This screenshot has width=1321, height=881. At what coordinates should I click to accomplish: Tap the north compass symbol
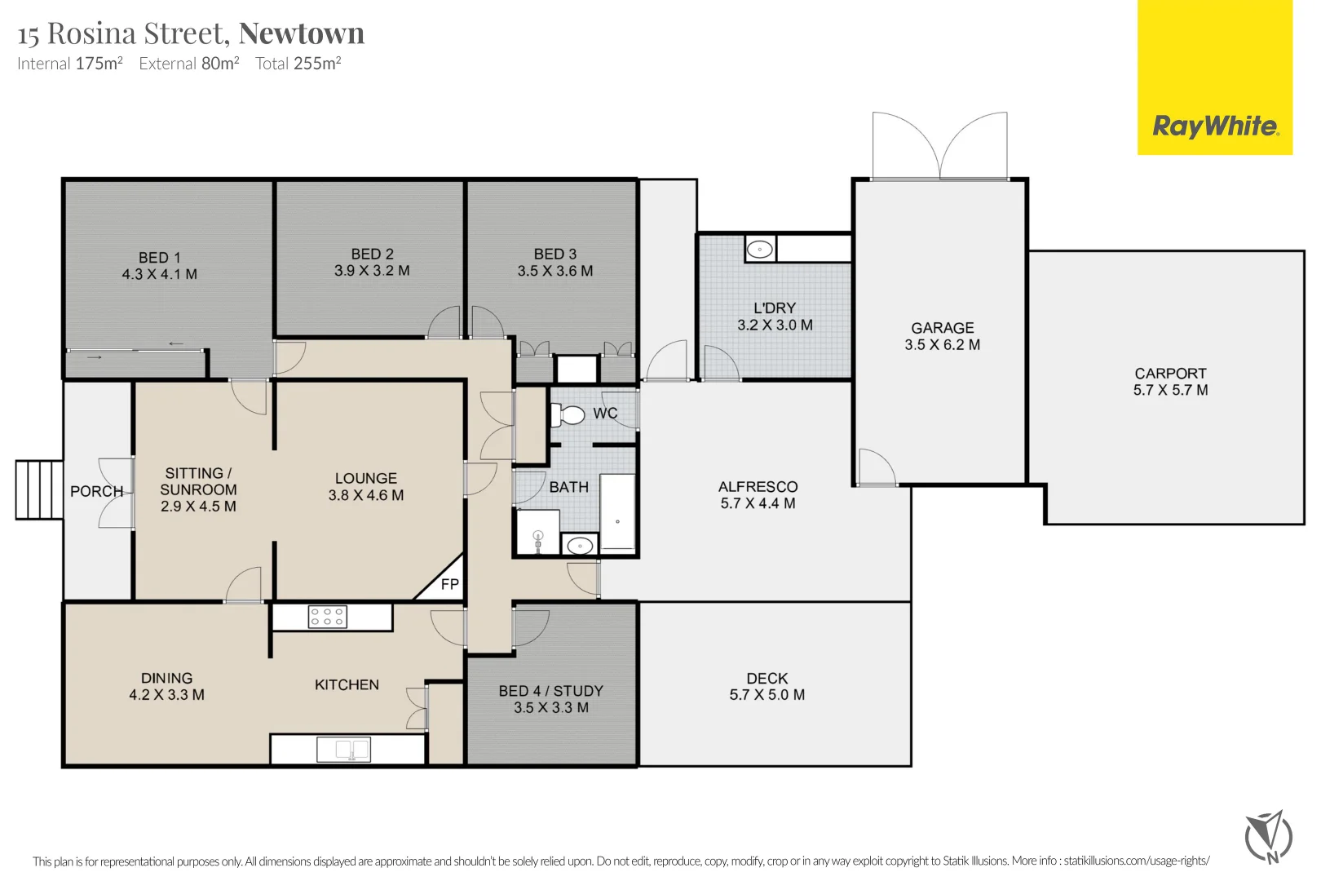pyautogui.click(x=1269, y=837)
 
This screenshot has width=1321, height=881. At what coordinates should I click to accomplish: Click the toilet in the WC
pyautogui.click(x=567, y=414)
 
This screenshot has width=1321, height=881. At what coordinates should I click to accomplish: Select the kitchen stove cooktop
pyautogui.click(x=327, y=618)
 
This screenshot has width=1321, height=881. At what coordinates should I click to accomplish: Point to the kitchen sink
pyautogui.click(x=344, y=750)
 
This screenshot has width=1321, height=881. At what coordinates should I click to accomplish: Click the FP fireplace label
pyautogui.click(x=450, y=584)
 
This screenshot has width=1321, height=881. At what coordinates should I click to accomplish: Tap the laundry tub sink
pyautogui.click(x=760, y=249)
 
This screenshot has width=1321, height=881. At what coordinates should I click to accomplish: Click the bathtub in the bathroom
pyautogui.click(x=617, y=513)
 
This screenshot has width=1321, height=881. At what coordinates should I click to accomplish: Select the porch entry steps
pyautogui.click(x=39, y=490)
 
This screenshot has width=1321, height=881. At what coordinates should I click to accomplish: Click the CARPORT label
pyautogui.click(x=1171, y=374)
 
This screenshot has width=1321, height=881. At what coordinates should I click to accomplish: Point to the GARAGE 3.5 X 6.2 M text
pyautogui.click(x=943, y=336)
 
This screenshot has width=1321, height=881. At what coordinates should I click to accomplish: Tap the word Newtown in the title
pyautogui.click(x=302, y=33)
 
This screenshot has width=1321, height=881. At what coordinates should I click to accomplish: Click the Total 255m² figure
pyautogui.click(x=298, y=64)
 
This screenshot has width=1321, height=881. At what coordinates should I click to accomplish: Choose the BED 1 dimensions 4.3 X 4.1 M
pyautogui.click(x=159, y=274)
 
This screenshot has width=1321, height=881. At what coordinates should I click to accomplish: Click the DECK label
pyautogui.click(x=767, y=679)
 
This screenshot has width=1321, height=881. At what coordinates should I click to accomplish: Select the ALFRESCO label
pyautogui.click(x=758, y=487)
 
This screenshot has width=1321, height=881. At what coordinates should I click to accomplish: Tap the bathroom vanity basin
pyautogui.click(x=580, y=546)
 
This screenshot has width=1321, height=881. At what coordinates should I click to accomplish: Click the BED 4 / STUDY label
pyautogui.click(x=550, y=691)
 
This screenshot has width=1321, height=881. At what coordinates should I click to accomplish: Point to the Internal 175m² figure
pyautogui.click(x=70, y=64)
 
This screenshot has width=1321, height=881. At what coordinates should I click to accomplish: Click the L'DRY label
pyautogui.click(x=775, y=308)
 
